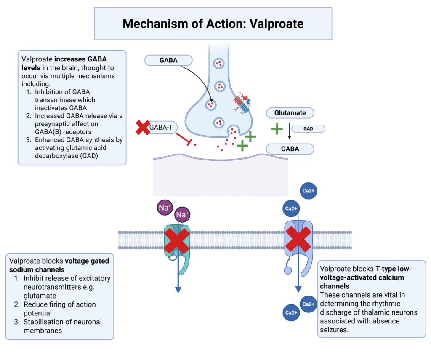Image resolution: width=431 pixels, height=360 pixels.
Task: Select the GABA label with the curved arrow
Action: point(168,60)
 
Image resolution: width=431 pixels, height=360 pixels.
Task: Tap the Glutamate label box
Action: point(290,113)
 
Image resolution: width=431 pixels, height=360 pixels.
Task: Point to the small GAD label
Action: point(308,128)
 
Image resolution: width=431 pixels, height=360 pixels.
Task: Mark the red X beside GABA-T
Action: point(143,128)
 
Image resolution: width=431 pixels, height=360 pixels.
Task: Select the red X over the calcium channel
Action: point(298,238)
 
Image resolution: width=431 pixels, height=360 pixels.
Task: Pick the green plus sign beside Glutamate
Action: point(277,128)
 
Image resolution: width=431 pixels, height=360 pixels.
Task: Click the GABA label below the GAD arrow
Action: point(290,149)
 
